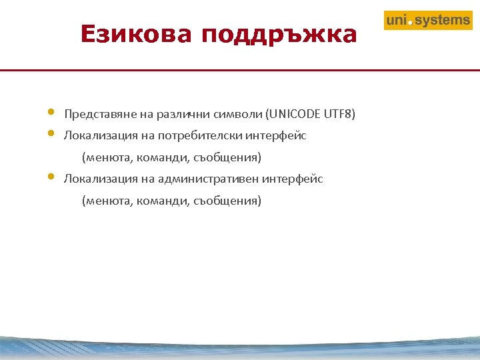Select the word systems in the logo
click(x=443, y=21)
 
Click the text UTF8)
click(x=339, y=114)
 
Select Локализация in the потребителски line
click(x=95, y=136)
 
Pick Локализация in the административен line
click(x=95, y=179)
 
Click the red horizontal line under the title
click(x=240, y=69)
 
